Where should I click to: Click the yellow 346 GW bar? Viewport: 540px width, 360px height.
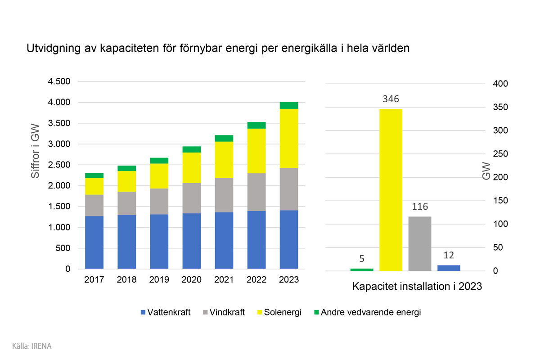point(391,189)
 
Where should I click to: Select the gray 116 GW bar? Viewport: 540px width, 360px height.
point(419,243)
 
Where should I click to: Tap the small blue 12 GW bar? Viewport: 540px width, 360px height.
point(449,268)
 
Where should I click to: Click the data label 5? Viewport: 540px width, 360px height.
point(362,259)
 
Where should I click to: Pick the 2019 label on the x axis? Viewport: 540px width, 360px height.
point(159,279)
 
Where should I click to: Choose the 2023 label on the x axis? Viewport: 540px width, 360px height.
point(289,279)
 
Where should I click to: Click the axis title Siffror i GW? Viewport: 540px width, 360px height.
point(36,151)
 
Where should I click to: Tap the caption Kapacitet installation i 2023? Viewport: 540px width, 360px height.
point(417,287)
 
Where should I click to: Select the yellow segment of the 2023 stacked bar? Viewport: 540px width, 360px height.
point(289,139)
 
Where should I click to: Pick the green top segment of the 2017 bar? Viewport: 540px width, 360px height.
point(94,175)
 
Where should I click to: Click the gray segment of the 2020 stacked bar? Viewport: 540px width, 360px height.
point(191,198)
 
